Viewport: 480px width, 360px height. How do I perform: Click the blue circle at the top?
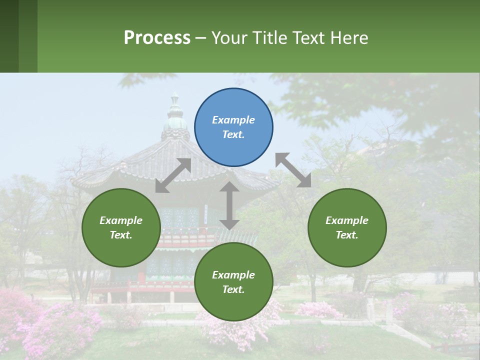click(233, 127)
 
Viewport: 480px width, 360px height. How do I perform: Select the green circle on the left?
click(121, 227)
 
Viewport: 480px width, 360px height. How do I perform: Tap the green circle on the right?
click(347, 227)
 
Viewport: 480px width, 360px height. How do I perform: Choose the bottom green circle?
click(233, 282)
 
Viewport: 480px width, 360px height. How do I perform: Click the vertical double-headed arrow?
click(229, 205)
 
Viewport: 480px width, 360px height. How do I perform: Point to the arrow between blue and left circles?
click(173, 175)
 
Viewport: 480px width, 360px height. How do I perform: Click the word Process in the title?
click(157, 38)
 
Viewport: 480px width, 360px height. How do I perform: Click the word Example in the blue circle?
click(233, 120)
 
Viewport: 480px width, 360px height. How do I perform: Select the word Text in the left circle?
click(120, 235)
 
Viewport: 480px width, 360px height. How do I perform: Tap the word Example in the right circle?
click(347, 220)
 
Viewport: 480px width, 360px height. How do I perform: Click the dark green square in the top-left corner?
click(9, 36)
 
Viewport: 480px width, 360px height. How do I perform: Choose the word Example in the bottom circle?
click(233, 275)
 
